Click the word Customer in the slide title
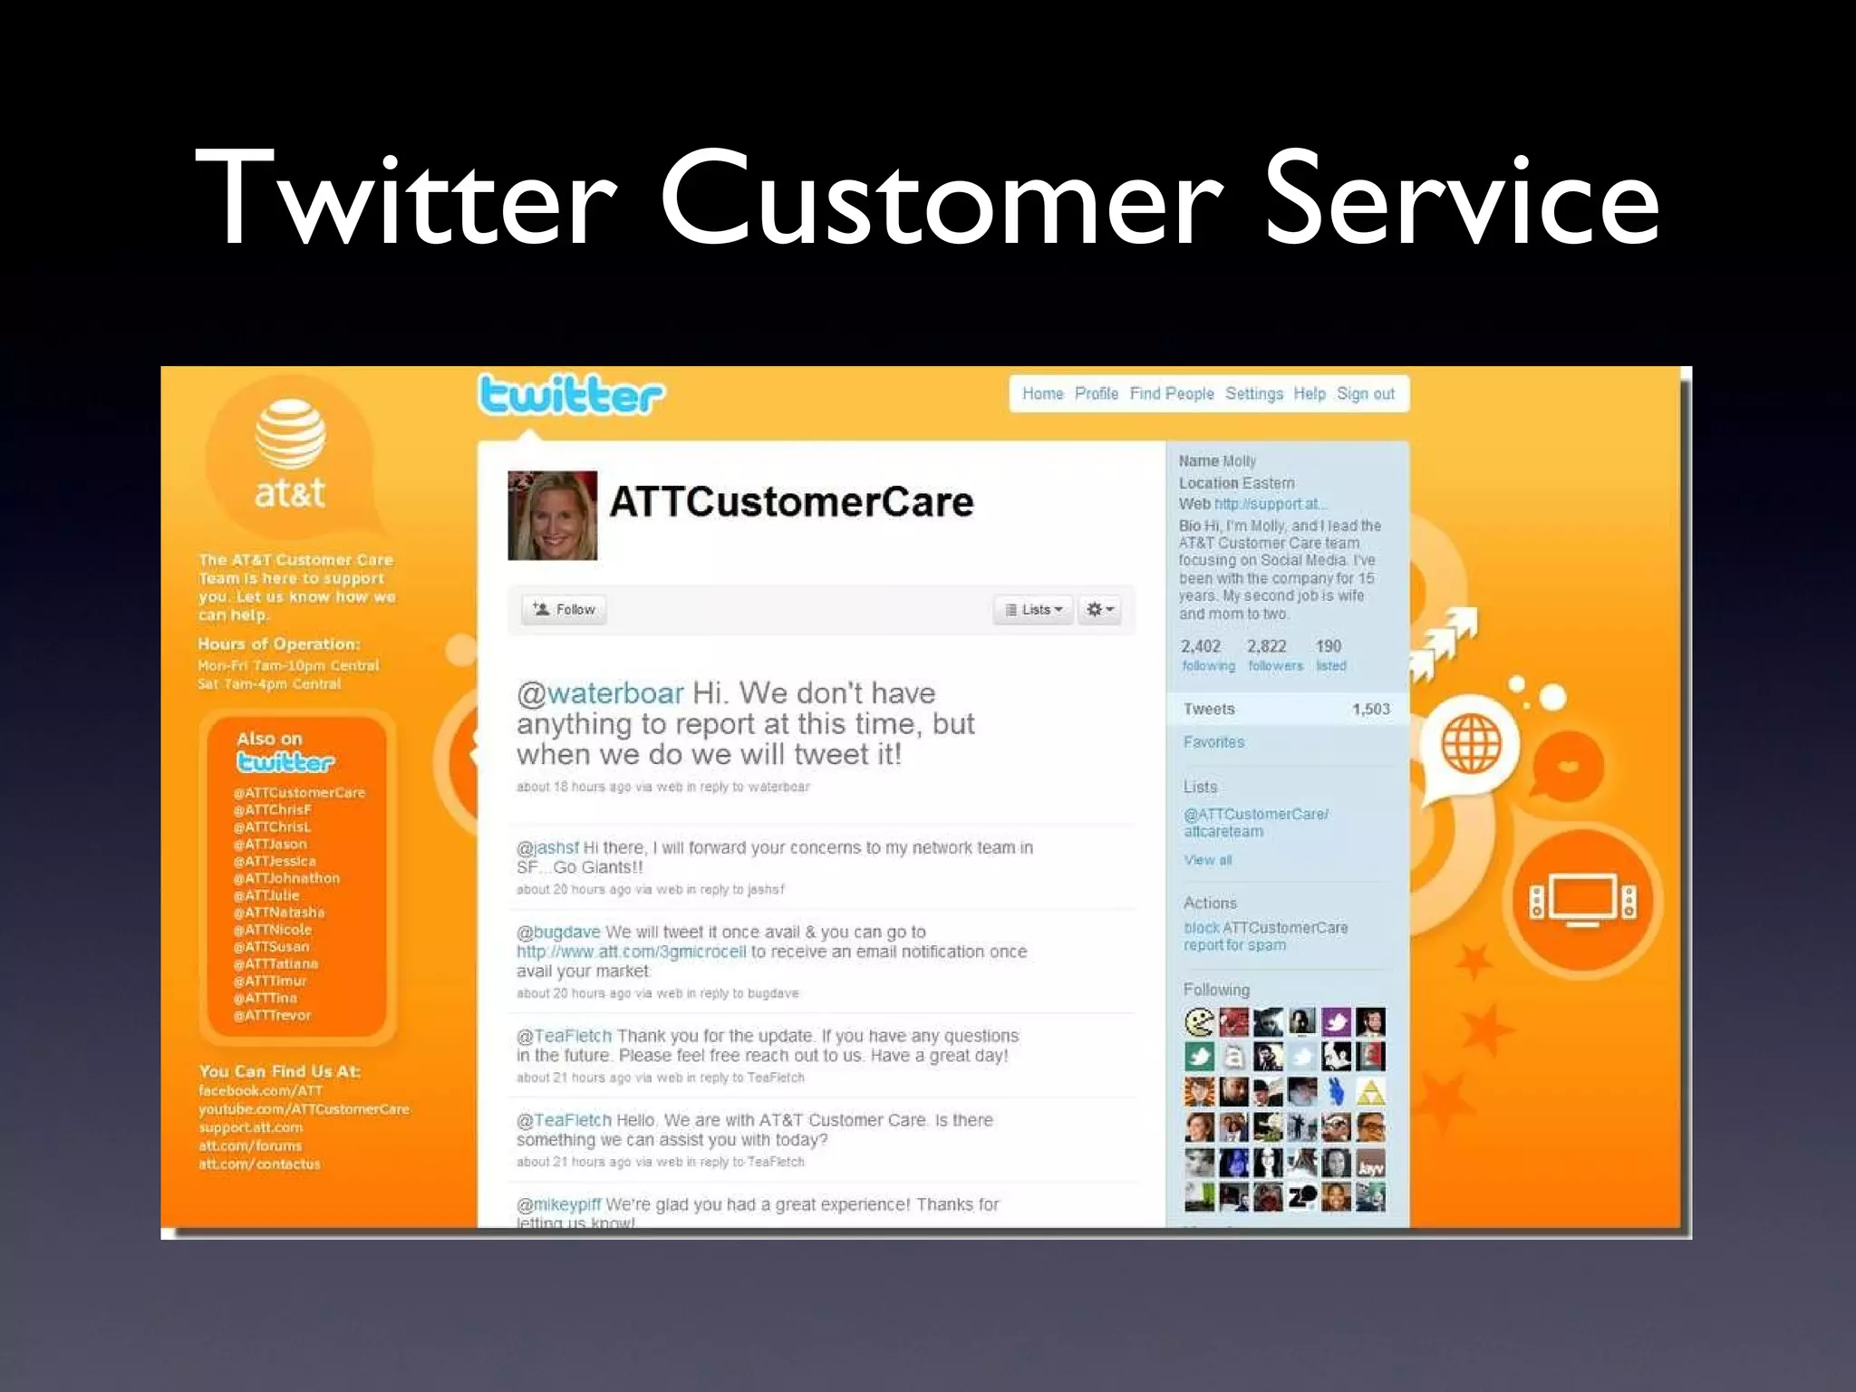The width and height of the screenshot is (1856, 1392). [942, 199]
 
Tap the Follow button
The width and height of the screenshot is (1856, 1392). [564, 610]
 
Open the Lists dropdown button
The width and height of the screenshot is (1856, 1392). [1033, 610]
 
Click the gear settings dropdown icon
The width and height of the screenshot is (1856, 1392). [1099, 610]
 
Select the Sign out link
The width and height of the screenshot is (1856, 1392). [1365, 394]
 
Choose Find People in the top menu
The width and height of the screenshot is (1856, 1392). [1171, 394]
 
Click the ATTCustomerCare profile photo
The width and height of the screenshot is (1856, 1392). [552, 515]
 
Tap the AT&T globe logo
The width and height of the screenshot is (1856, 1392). [290, 436]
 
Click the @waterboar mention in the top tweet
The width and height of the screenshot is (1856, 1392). [600, 694]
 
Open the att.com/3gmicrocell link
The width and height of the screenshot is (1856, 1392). [631, 952]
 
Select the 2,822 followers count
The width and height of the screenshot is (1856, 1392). [1267, 647]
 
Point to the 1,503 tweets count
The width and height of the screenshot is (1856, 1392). [1370, 710]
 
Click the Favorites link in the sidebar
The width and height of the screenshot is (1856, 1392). [1213, 742]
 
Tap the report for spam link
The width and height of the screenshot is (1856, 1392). [1234, 945]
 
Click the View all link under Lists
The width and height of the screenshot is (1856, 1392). [1207, 860]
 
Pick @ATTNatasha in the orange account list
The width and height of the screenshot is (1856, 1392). [278, 913]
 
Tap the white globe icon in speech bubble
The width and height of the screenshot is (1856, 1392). [1471, 743]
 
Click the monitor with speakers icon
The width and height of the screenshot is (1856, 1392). [1582, 900]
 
